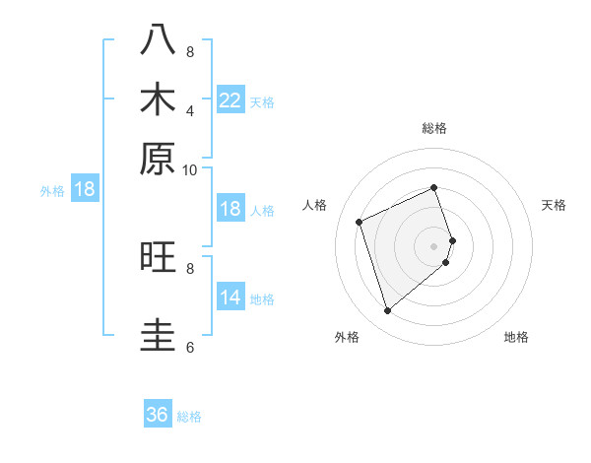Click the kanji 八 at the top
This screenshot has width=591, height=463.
coord(159,42)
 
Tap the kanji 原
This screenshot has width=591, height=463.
coord(159,158)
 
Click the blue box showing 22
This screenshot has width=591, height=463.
coord(230,100)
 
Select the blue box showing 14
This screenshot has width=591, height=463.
coord(230,298)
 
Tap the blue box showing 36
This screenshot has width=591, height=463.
coord(158,415)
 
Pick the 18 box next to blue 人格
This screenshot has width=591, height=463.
coord(230,209)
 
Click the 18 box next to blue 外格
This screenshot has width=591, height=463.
coord(85,189)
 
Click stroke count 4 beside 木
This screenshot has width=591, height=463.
coord(190,111)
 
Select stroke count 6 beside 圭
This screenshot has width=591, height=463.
coord(190,347)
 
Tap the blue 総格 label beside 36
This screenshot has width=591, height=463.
coord(189,417)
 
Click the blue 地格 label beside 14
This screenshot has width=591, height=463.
coord(262,299)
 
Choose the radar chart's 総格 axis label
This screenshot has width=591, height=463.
coord(434,128)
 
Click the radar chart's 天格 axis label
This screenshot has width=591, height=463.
coord(554,205)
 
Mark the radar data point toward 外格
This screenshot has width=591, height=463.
coord(387,311)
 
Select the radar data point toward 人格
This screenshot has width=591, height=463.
coord(361,221)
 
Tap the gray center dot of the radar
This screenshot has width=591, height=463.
coord(434,245)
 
